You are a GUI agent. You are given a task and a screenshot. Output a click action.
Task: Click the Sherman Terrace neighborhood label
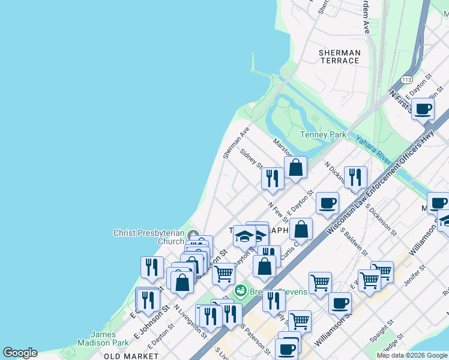coord(339,56)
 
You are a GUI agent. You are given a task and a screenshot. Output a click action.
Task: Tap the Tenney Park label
coord(323,135)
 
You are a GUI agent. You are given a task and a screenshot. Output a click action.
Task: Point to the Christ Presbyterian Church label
coord(149,237)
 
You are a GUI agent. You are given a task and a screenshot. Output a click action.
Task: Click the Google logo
coord(20,353)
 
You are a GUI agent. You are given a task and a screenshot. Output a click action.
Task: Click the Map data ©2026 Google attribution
coord(412,355)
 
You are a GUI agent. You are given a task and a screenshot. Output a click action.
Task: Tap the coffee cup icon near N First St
coord(423,109)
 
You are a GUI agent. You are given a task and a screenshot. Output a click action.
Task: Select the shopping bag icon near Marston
coord(295,167)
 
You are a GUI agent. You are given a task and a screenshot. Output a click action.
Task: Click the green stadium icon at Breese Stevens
coord(241,292)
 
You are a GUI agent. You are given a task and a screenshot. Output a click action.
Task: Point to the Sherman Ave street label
coord(236,143)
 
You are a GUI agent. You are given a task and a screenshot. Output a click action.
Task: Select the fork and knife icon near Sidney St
coord(273,179)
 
